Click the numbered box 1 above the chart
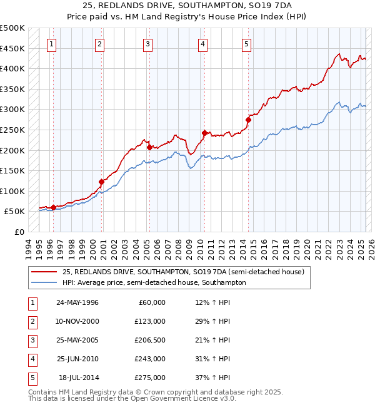coord(51,44)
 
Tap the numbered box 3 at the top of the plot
coord(147,44)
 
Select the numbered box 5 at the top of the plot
coord(247,44)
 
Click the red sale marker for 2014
coord(248,119)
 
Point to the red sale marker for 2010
coord(204,132)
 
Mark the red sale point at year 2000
coord(101,182)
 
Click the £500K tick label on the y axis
coord(12,28)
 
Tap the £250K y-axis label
coord(12,130)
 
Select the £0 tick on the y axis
coord(19,232)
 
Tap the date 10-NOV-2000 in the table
coord(79,321)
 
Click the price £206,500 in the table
coord(151,340)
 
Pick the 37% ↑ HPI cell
coord(212,378)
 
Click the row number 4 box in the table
coord(31,359)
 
